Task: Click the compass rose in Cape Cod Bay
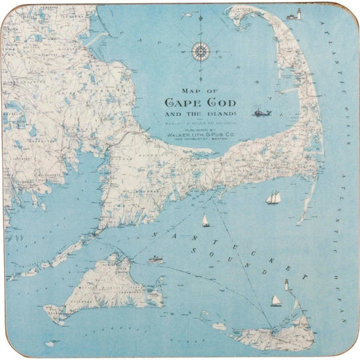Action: click(200, 50)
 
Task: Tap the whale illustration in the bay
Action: click(262, 113)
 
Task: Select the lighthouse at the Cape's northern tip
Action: click(299, 14)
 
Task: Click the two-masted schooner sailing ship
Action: click(274, 197)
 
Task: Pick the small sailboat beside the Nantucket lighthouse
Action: click(276, 300)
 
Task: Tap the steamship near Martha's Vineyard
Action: click(156, 259)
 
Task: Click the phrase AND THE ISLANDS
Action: click(201, 114)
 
